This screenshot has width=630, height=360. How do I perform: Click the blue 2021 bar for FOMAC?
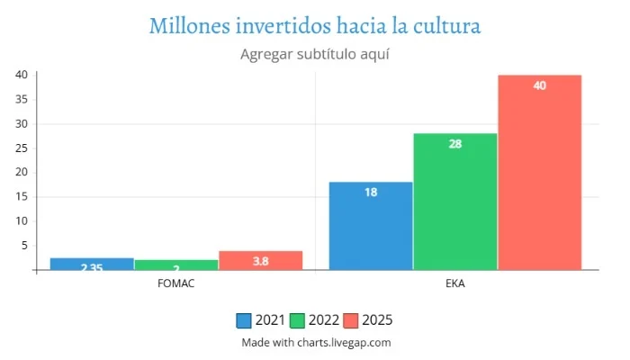[x=92, y=264]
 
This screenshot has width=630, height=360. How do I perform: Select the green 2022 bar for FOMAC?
[x=175, y=265]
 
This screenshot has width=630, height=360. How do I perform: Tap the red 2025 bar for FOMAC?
[x=260, y=260]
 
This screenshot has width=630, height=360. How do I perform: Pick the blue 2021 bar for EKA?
[x=371, y=226]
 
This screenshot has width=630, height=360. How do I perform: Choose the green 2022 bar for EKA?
[x=455, y=202]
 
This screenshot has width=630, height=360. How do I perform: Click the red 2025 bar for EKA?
[x=539, y=172]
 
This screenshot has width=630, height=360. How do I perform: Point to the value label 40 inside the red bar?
[x=539, y=85]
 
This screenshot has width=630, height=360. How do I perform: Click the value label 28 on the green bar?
[x=455, y=144]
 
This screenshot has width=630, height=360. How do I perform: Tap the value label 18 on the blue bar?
[x=371, y=193]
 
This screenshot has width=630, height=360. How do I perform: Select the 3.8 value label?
[x=260, y=261]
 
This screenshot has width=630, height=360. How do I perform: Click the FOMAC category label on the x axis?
[x=175, y=283]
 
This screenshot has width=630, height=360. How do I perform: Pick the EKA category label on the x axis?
[x=455, y=283]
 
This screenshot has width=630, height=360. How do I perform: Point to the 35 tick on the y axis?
[x=21, y=99]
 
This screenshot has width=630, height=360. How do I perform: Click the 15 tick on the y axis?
[x=21, y=196]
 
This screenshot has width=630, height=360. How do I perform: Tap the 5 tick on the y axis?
[x=23, y=245]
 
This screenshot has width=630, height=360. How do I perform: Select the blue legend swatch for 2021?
[x=244, y=320]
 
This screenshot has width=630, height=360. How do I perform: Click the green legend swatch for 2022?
[x=297, y=320]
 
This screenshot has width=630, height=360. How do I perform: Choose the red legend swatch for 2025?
[x=350, y=320]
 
